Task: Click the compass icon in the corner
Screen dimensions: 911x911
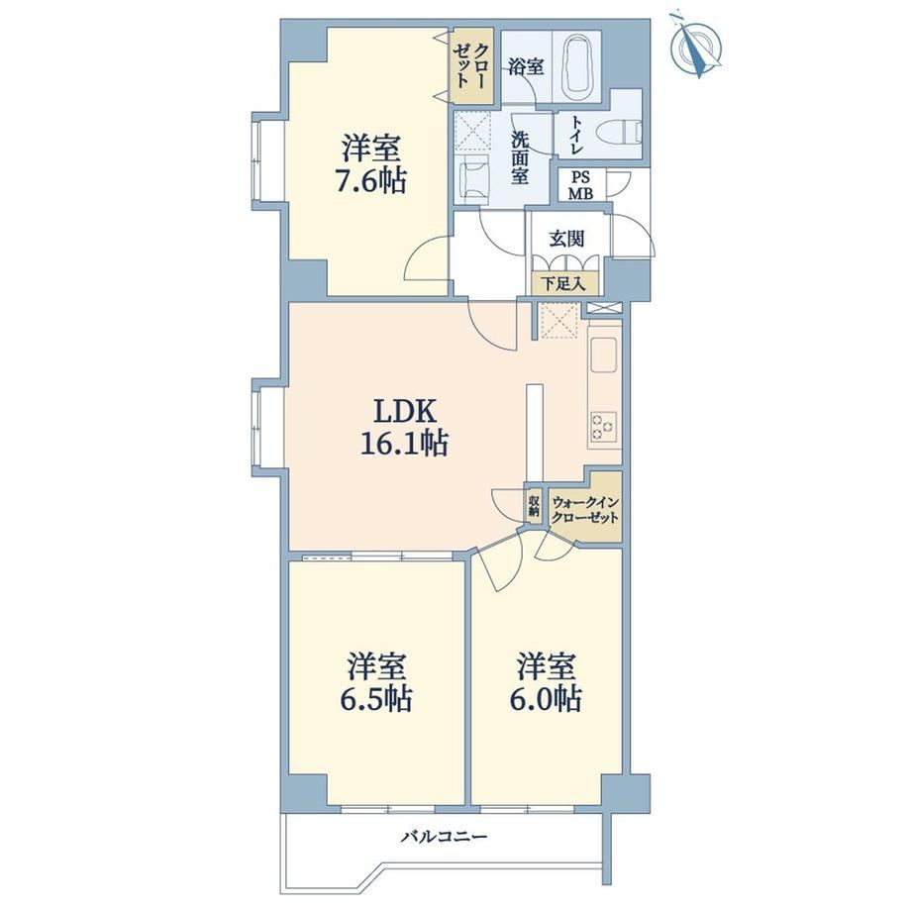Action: coord(696,46)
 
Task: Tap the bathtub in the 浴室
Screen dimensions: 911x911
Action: coord(576,66)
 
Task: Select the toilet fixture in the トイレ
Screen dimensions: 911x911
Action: coord(627,133)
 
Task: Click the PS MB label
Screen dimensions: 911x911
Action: coord(580,186)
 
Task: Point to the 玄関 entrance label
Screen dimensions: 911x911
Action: coord(566,239)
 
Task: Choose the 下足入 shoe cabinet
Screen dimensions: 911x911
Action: coord(563,283)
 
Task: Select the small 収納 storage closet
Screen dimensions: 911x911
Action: coord(534,504)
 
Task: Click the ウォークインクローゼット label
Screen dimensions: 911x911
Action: coord(585,510)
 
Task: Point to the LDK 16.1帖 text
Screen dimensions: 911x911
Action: coord(404,428)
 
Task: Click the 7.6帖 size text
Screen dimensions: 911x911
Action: coord(370,181)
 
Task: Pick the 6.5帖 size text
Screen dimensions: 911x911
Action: coord(376,698)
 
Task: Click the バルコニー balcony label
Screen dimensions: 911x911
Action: coord(445,837)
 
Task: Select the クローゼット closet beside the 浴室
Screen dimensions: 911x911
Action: coord(473,65)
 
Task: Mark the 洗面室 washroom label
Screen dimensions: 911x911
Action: coord(520,157)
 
